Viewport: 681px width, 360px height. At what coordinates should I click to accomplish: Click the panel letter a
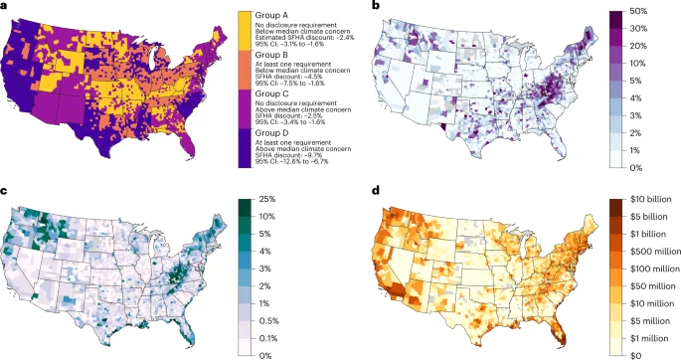(6, 6)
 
